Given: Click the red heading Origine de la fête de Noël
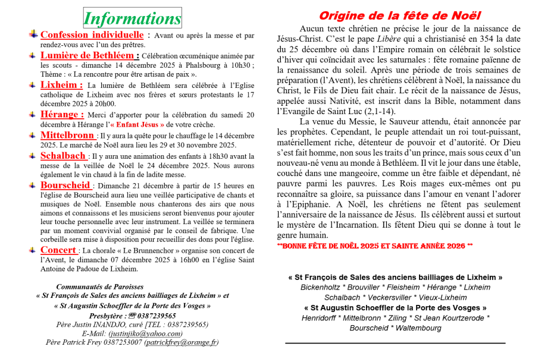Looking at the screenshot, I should pyautogui.click(x=399, y=16).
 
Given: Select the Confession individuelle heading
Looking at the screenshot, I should pyautogui.click(x=92, y=35).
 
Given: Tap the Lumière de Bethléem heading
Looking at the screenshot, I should pyautogui.click(x=90, y=55).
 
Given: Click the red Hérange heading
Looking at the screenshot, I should pyautogui.click(x=62, y=114).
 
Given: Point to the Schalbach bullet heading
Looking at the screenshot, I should pyautogui.click(x=64, y=156).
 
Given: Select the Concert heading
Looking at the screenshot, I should pyautogui.click(x=59, y=250).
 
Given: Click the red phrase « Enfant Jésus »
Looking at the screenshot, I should pyautogui.click(x=137, y=125).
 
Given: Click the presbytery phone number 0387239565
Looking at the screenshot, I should pyautogui.click(x=156, y=316).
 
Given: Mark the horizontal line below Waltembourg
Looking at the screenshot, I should pyautogui.click(x=395, y=343).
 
